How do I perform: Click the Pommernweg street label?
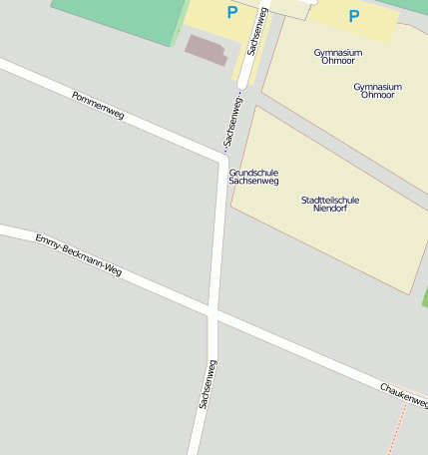(98, 106)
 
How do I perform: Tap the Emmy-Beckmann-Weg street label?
(78, 255)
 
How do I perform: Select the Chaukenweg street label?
(403, 393)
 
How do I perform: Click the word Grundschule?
(253, 173)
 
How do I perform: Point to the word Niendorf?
(329, 210)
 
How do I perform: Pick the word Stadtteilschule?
(329, 200)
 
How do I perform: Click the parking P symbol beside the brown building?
(232, 13)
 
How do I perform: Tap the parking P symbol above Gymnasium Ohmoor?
(353, 16)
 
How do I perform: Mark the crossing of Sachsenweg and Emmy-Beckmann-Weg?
(214, 312)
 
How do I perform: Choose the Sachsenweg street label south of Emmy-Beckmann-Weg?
(207, 384)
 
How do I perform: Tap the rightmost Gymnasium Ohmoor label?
(377, 91)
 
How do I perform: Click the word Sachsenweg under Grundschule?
(253, 182)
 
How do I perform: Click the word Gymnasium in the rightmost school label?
(377, 86)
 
